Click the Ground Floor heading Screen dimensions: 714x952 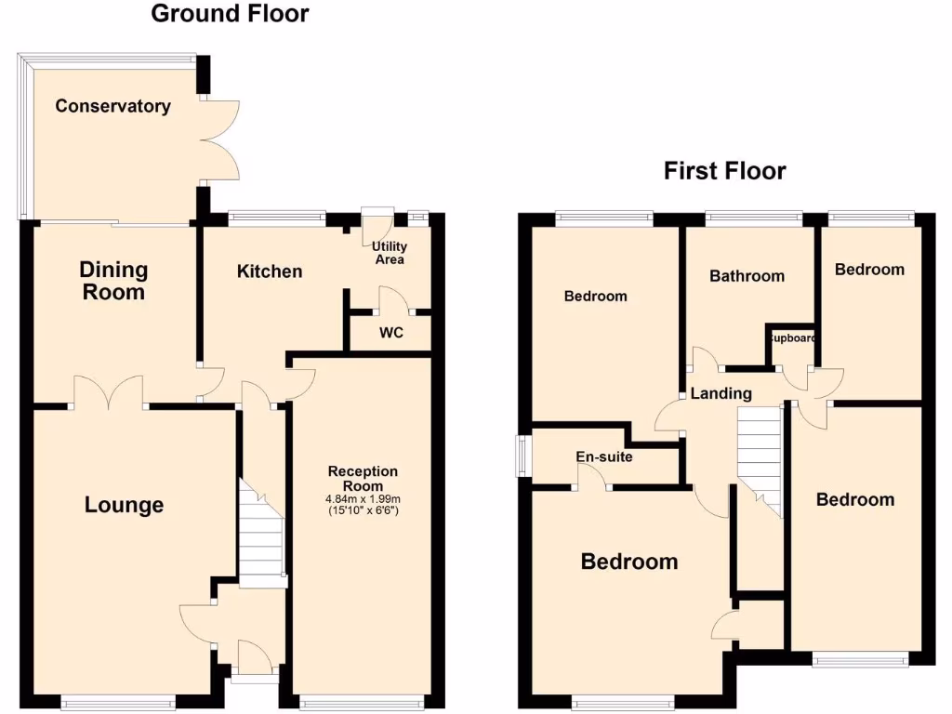(x=230, y=14)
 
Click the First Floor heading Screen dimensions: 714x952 (x=724, y=171)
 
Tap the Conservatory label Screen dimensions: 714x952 (x=112, y=106)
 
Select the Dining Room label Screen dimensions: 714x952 (x=112, y=281)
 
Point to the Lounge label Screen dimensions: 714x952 (x=124, y=505)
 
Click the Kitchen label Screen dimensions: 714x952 (x=270, y=271)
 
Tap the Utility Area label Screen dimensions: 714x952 (x=389, y=253)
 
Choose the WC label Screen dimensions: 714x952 (x=391, y=333)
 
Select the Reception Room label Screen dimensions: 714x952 (x=363, y=478)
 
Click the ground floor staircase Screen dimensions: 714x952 (x=260, y=535)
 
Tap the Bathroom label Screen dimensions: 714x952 (x=747, y=276)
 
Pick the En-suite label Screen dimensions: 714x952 (x=604, y=457)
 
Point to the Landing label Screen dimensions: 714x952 (x=721, y=394)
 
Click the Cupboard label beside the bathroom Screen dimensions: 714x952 (x=790, y=338)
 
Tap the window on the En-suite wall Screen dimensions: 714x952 (x=523, y=456)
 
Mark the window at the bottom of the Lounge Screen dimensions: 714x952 (x=117, y=702)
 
